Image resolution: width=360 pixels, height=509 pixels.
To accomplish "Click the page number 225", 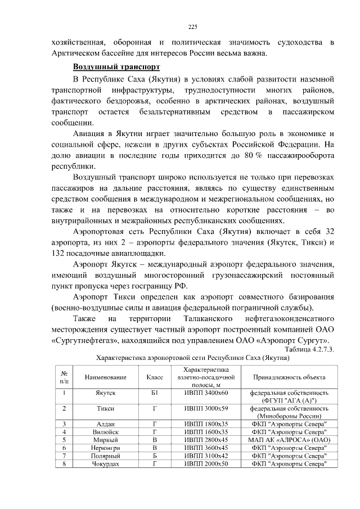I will [192, 26].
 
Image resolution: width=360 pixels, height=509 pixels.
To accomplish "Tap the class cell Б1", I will [154, 392].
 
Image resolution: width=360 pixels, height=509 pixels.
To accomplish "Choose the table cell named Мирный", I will [105, 439].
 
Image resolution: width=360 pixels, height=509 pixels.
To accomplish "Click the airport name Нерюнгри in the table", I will [105, 447].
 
